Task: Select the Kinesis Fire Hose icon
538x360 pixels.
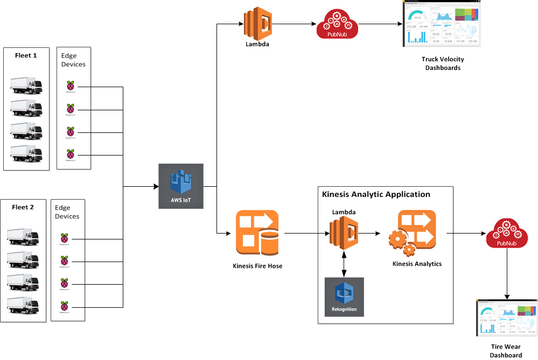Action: tap(257, 233)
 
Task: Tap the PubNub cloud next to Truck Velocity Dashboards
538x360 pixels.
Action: tap(337, 24)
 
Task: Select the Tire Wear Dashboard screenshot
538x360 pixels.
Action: tap(506, 317)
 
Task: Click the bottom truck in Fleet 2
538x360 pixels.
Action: tap(23, 307)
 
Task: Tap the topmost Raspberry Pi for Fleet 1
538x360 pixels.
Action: tap(71, 86)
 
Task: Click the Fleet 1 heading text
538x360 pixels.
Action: tap(26, 55)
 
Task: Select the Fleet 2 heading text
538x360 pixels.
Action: tap(23, 207)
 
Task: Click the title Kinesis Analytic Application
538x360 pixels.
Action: tap(376, 194)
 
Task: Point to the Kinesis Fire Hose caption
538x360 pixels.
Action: tap(257, 266)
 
